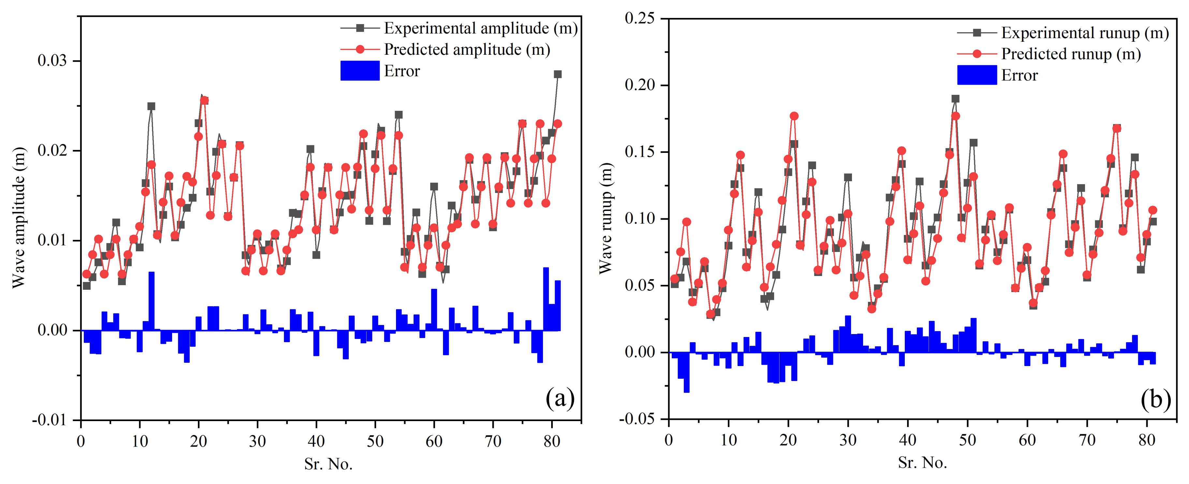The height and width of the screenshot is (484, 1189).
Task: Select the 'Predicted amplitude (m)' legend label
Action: (467, 49)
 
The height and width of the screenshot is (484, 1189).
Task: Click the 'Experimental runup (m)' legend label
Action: (1085, 33)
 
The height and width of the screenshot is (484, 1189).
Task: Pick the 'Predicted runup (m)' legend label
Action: (1071, 54)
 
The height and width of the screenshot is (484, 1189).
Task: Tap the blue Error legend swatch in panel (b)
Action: (977, 75)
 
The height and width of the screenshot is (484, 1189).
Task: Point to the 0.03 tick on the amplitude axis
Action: (52, 61)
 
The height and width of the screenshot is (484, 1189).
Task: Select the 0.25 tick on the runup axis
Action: (639, 19)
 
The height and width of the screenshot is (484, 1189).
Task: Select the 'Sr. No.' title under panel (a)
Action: (328, 464)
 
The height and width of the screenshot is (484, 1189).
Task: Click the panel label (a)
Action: (560, 398)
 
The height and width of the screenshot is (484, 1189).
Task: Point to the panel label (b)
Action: (1155, 399)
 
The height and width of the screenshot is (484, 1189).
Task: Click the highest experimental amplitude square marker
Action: (558, 74)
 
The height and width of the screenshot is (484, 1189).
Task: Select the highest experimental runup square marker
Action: (955, 99)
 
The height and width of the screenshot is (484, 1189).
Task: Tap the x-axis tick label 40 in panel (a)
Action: (316, 442)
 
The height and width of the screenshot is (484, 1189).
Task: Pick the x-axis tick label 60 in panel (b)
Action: (1027, 440)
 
